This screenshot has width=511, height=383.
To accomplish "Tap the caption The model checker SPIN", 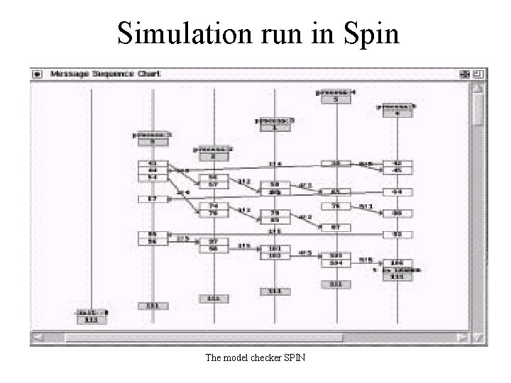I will point(255,358).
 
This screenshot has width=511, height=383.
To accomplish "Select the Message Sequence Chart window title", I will point(105,74).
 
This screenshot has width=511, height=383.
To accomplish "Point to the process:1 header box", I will point(153,137).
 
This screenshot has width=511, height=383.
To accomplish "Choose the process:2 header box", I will point(213,152).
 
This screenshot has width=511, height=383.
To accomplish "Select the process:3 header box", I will point(275,123).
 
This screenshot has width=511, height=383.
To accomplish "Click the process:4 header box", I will point(336,96).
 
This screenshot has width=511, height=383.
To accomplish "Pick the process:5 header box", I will point(397,109).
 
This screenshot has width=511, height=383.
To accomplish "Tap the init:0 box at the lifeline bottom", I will point(92,316).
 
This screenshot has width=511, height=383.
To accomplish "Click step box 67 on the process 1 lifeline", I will point(152,199).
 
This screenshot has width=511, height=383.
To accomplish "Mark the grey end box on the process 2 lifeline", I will point(213,298).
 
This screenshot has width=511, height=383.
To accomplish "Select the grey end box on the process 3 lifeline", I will point(275,291).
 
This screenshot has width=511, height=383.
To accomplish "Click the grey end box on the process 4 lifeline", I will point(336,284).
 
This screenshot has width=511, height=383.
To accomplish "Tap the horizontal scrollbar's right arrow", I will point(463,338).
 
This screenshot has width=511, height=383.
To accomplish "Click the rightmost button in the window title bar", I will point(480,74).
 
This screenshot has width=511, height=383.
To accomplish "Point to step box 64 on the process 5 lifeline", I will point(397,191).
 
